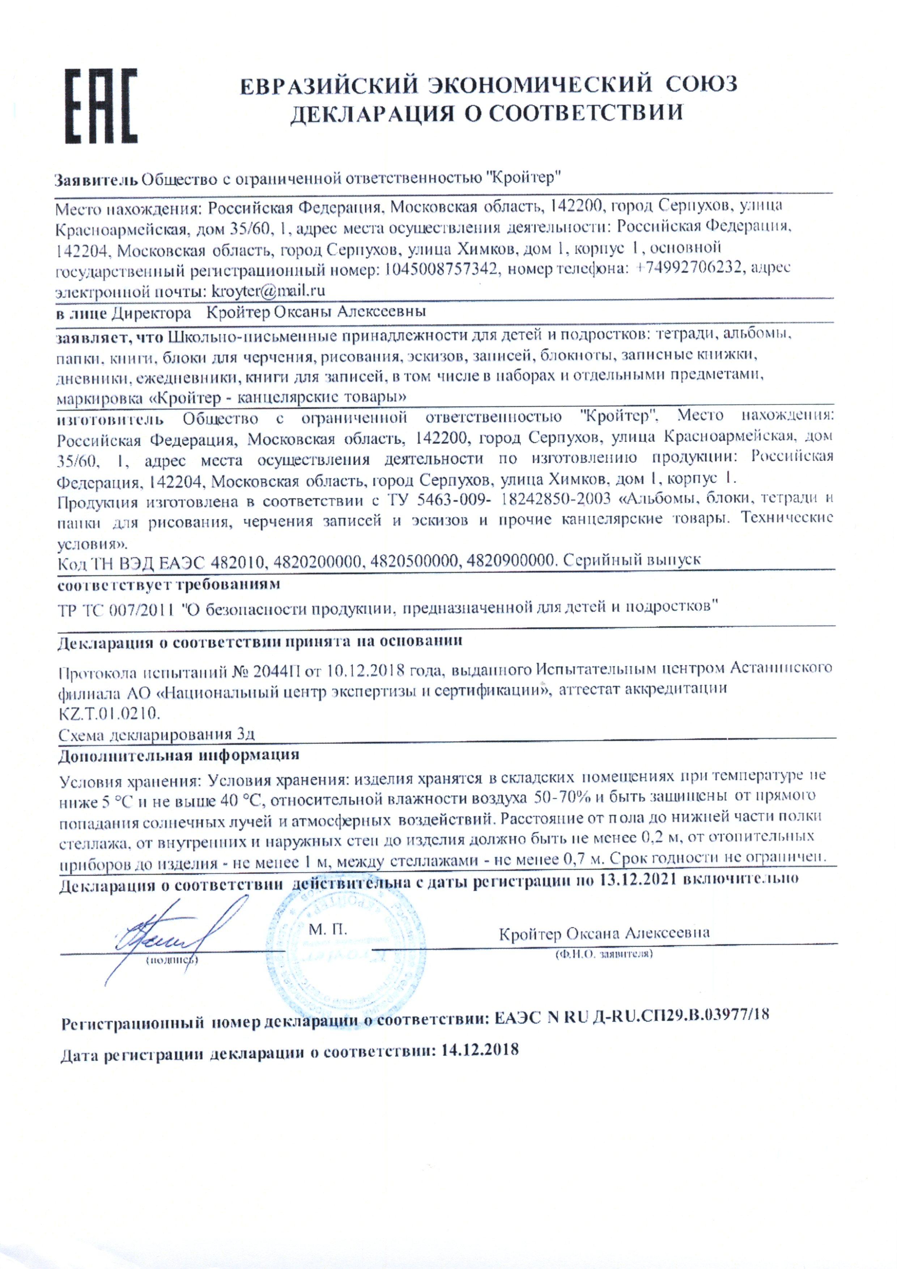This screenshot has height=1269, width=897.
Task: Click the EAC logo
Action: (x=101, y=106)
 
